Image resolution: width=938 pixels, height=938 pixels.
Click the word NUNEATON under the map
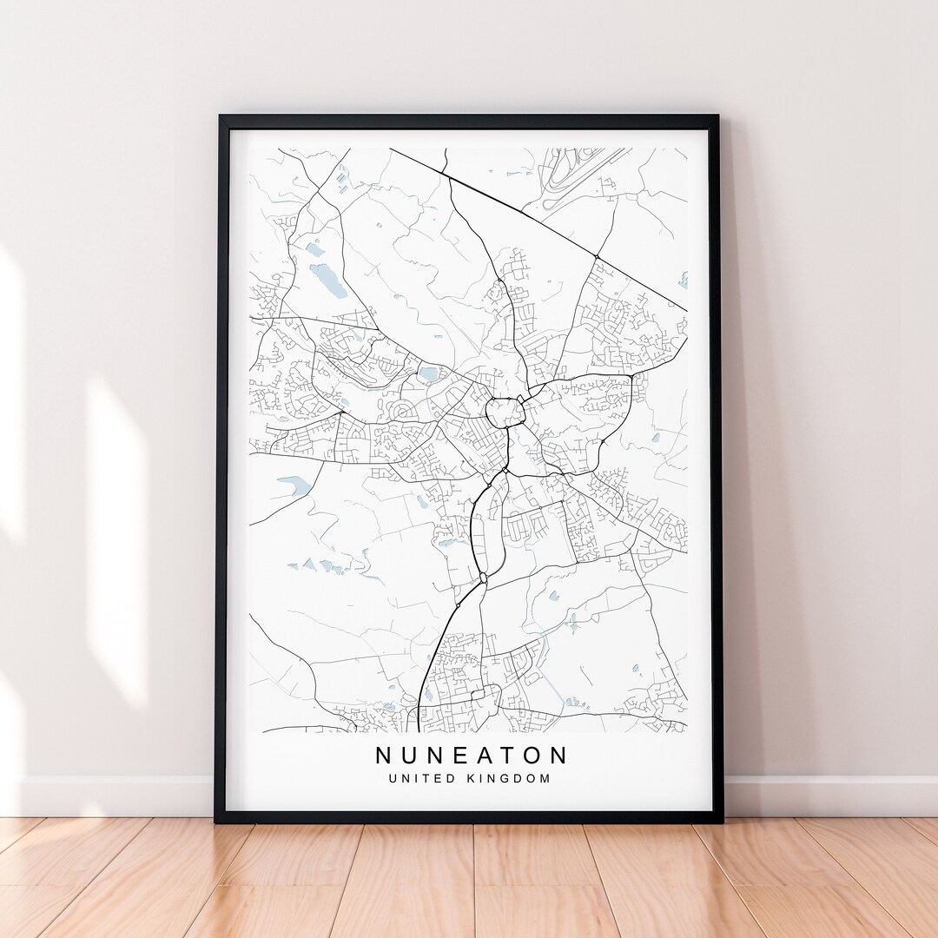point(472,755)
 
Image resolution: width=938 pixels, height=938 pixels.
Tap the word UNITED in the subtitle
point(422,778)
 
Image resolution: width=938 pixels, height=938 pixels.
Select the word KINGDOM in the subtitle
point(507,778)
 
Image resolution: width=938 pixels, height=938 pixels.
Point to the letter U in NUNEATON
point(410,755)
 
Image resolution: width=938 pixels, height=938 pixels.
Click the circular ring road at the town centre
point(502,411)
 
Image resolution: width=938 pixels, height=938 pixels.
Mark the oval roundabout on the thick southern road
point(483,577)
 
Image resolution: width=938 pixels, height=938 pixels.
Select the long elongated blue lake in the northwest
point(328,280)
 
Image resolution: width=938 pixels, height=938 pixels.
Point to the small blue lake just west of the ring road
point(428,374)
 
